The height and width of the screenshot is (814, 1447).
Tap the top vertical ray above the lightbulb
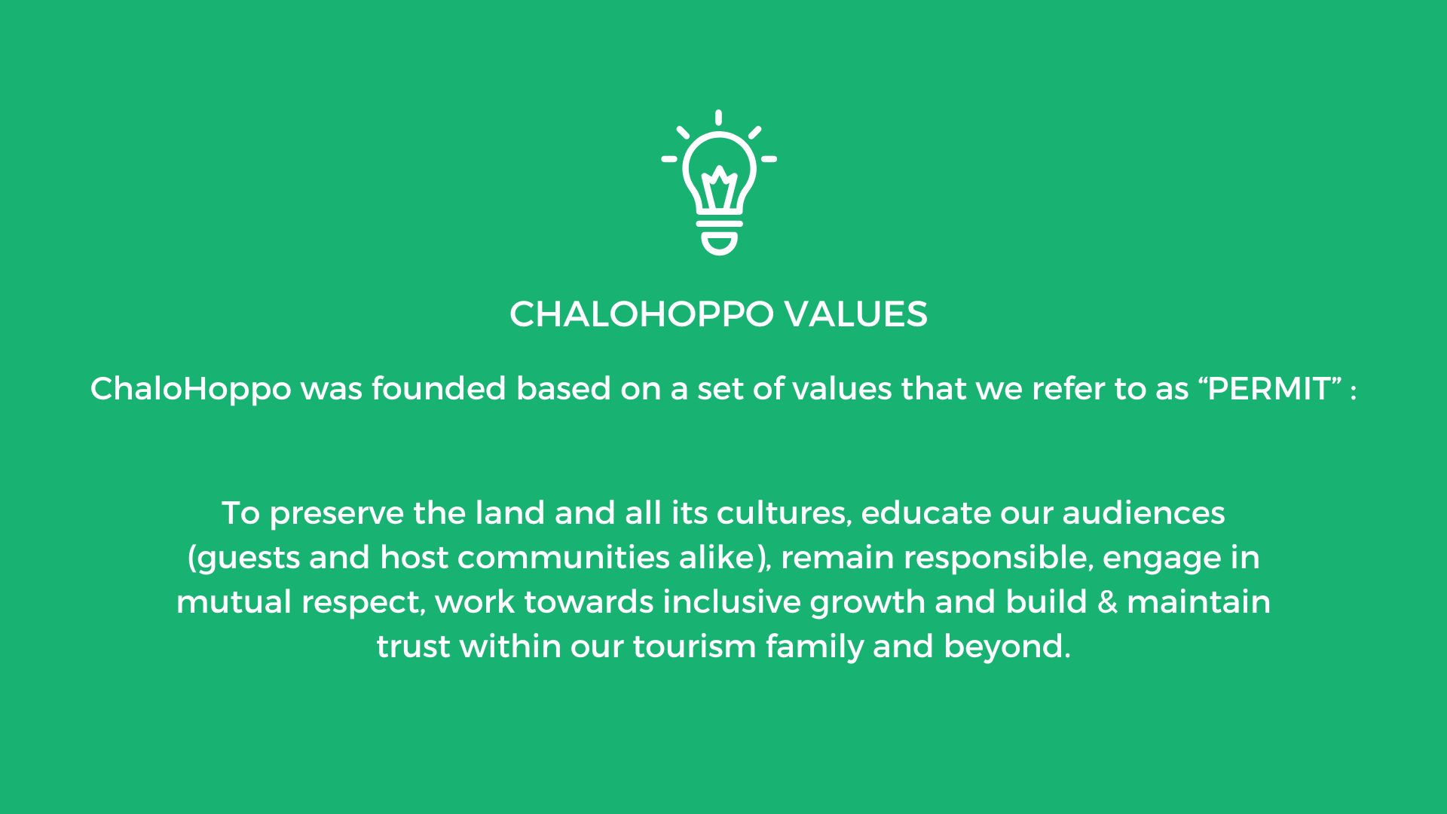click(x=719, y=118)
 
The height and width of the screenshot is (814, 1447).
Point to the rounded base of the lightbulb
click(x=720, y=243)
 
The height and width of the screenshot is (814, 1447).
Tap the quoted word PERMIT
click(x=1270, y=389)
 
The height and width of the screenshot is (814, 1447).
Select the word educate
click(x=925, y=513)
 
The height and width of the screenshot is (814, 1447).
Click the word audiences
click(x=1144, y=513)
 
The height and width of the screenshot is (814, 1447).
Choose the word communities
click(x=564, y=558)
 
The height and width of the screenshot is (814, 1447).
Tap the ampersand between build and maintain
click(x=1107, y=603)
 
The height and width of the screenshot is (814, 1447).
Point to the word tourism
click(x=694, y=647)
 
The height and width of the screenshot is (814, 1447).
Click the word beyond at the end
click(x=1007, y=647)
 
